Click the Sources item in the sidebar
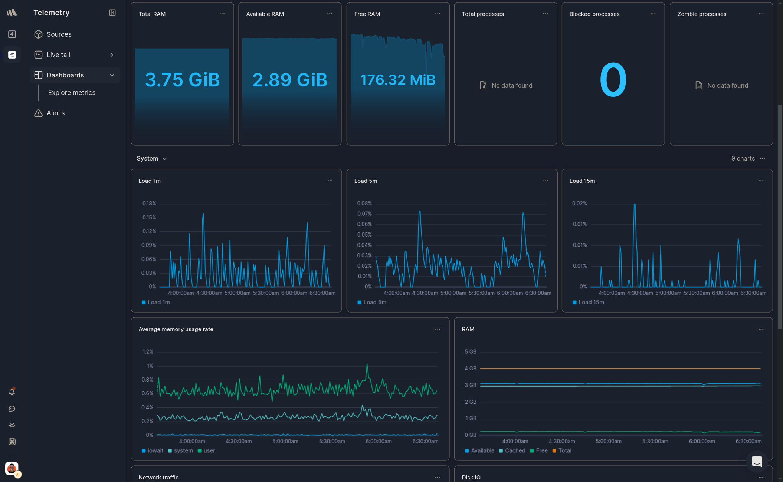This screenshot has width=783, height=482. [59, 34]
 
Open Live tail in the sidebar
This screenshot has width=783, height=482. [58, 55]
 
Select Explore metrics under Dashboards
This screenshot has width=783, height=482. [72, 93]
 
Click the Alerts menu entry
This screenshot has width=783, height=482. [55, 113]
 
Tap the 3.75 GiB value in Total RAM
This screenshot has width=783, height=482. [182, 80]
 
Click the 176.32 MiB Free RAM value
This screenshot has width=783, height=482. [398, 80]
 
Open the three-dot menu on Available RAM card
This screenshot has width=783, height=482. [330, 14]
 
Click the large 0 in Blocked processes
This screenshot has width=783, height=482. [613, 80]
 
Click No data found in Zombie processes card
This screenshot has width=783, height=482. [727, 85]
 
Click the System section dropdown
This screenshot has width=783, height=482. [152, 159]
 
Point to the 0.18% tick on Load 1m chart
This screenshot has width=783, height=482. [149, 204]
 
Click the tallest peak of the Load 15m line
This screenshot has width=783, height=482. [635, 204]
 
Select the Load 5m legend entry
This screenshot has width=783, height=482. [374, 303]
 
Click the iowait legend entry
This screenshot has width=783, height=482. [155, 451]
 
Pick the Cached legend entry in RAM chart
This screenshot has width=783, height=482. [515, 451]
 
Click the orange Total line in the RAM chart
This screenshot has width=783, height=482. [620, 369]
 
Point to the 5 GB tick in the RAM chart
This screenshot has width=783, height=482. [470, 352]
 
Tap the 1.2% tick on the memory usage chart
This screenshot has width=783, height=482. [148, 352]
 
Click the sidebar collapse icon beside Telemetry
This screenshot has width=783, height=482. [112, 13]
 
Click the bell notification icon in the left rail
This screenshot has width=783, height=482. [12, 392]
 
